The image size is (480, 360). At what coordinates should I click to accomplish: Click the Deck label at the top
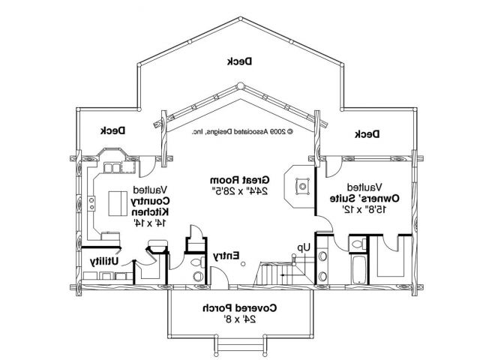pos(239,61)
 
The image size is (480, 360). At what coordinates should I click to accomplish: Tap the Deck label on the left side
pos(114,130)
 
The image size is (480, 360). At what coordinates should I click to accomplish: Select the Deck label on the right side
pos(367,133)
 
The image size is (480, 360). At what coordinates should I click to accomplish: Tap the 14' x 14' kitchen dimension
pos(150,222)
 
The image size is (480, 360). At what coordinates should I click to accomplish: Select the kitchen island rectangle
pos(118,203)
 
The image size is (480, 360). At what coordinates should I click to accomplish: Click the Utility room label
pos(106,261)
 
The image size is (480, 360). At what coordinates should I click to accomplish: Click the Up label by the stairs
pos(303,246)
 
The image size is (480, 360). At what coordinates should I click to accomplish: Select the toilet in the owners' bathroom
pos(357,243)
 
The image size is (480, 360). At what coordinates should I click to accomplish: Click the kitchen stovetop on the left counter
pos(91,201)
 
